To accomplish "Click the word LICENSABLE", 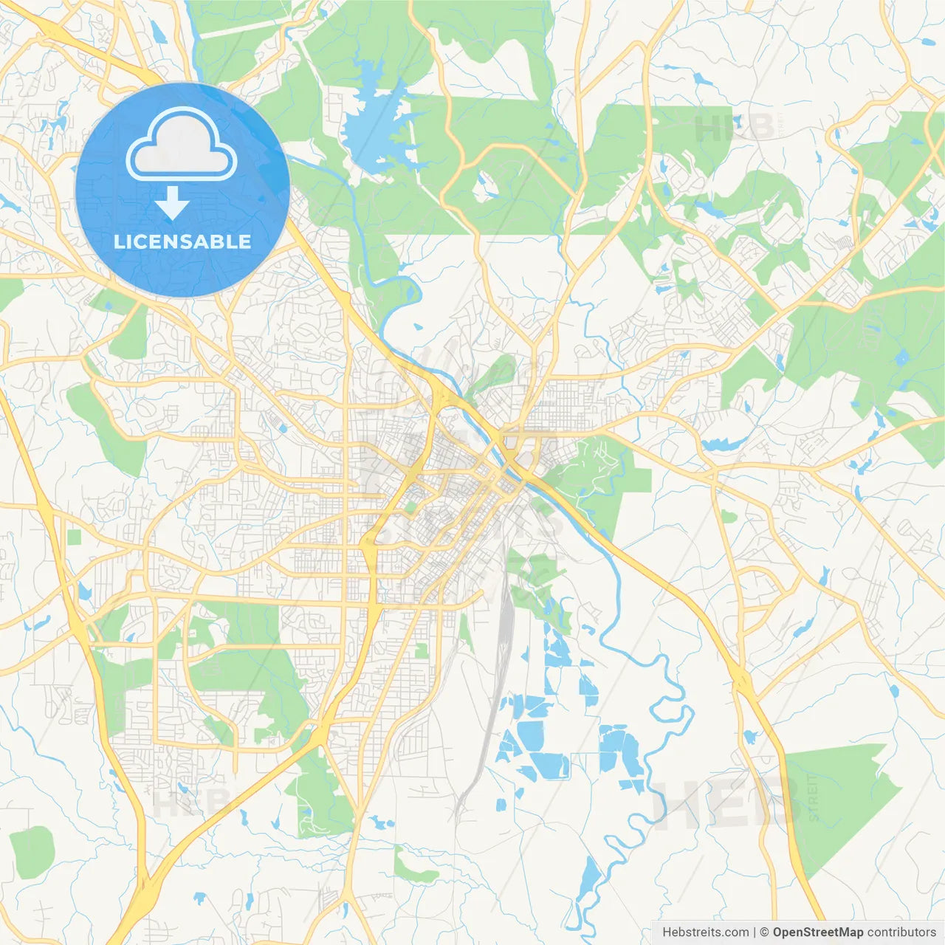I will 182,241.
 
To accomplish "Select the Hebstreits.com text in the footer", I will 705,932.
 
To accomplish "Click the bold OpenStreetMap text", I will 817,932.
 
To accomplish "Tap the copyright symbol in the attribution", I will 765,932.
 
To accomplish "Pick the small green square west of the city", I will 74,537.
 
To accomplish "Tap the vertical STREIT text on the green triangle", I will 814,797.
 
